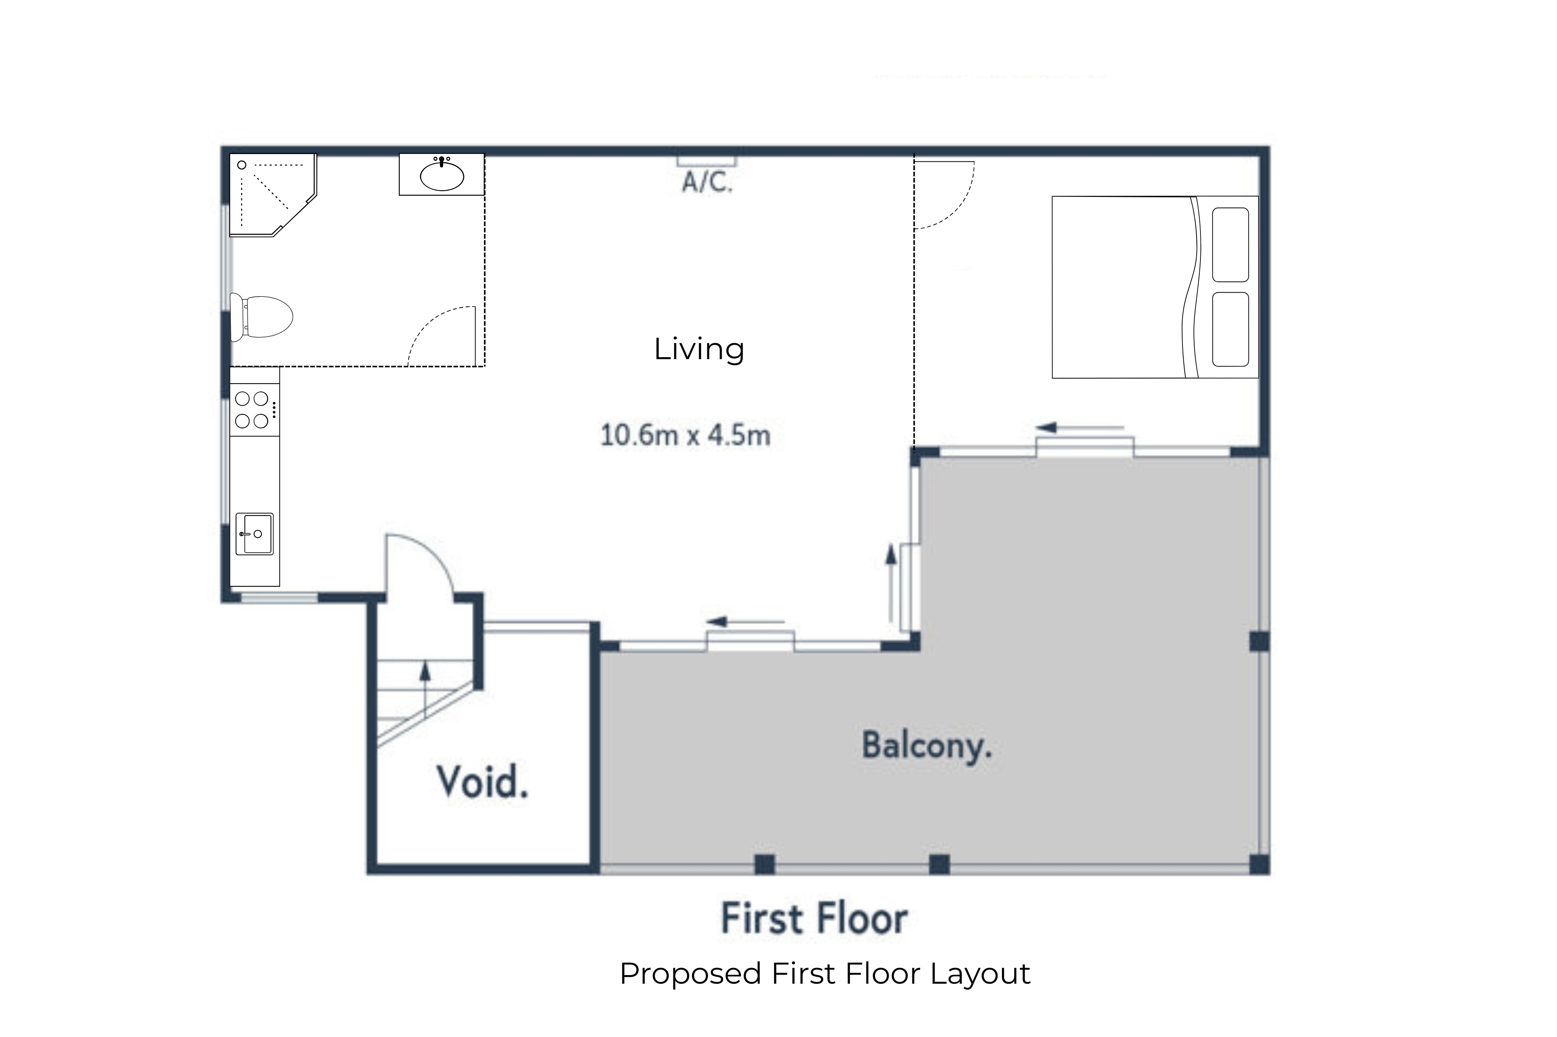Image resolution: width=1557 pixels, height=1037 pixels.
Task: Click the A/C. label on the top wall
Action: point(707,181)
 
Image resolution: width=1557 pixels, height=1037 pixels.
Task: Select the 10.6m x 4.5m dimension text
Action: point(685,435)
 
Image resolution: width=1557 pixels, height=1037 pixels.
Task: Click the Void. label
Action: point(482,783)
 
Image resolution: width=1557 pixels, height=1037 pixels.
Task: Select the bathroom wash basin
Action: point(442,175)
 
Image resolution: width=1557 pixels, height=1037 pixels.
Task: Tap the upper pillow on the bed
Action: point(1230,245)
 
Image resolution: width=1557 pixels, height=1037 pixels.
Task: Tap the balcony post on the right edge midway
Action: point(1259,642)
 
